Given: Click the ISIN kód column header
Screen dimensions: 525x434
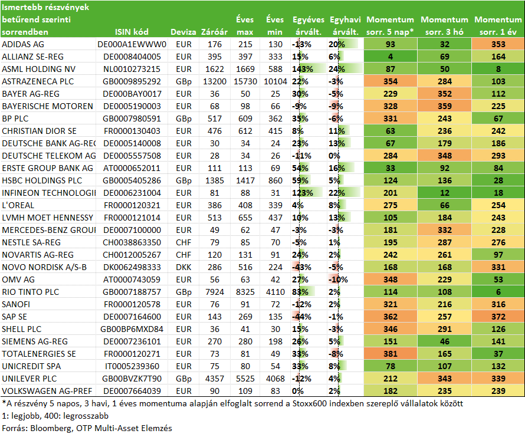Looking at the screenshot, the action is [132, 32].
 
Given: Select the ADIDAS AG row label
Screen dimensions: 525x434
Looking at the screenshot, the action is [23, 44].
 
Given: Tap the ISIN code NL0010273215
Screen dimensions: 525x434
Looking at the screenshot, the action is [132, 69].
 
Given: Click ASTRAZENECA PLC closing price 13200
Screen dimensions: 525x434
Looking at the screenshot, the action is [215, 81].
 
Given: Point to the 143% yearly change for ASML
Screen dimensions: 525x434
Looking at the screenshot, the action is [303, 69].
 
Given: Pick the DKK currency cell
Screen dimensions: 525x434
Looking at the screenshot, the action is [183, 267].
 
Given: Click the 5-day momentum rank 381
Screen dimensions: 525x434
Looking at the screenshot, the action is [391, 354].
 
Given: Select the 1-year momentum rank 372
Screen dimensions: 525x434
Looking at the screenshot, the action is [498, 317].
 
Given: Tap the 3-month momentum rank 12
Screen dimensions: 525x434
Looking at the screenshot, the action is [445, 193].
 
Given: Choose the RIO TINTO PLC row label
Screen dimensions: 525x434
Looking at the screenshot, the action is [31, 292].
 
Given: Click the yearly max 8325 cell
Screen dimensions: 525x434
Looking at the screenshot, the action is [245, 292].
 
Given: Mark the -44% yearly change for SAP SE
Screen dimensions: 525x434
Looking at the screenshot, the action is [301, 317].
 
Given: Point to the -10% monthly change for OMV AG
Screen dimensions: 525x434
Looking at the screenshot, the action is [338, 280].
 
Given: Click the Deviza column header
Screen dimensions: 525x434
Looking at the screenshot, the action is [183, 32].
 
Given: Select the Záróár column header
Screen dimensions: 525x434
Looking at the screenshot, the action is [214, 32].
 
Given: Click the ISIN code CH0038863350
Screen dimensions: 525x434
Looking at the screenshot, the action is [132, 242].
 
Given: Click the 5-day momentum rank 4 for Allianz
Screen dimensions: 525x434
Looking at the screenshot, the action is [391, 57].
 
